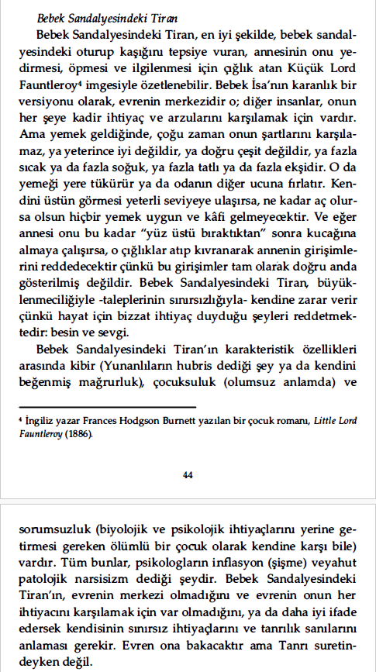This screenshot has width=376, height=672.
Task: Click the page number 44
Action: pyautogui.click(x=188, y=475)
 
